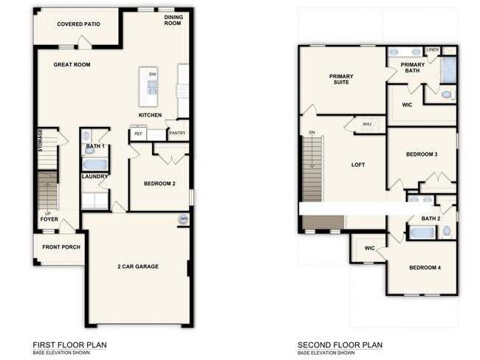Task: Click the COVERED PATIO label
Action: coord(78,24)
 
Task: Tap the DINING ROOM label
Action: coord(172,20)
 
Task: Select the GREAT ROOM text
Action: coord(72,65)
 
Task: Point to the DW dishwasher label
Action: coord(152,75)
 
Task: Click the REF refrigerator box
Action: coord(138,134)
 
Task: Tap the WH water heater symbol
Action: coord(183,219)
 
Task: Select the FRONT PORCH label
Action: coord(61,247)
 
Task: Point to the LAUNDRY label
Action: coord(95,176)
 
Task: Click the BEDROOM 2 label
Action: coord(159,184)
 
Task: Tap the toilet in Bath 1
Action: coord(86,136)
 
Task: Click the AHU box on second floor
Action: coord(366,125)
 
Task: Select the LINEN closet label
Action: coord(433,50)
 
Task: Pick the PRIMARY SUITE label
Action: coord(341,79)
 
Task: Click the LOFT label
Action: coord(358,165)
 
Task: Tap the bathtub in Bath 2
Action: coord(424,233)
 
